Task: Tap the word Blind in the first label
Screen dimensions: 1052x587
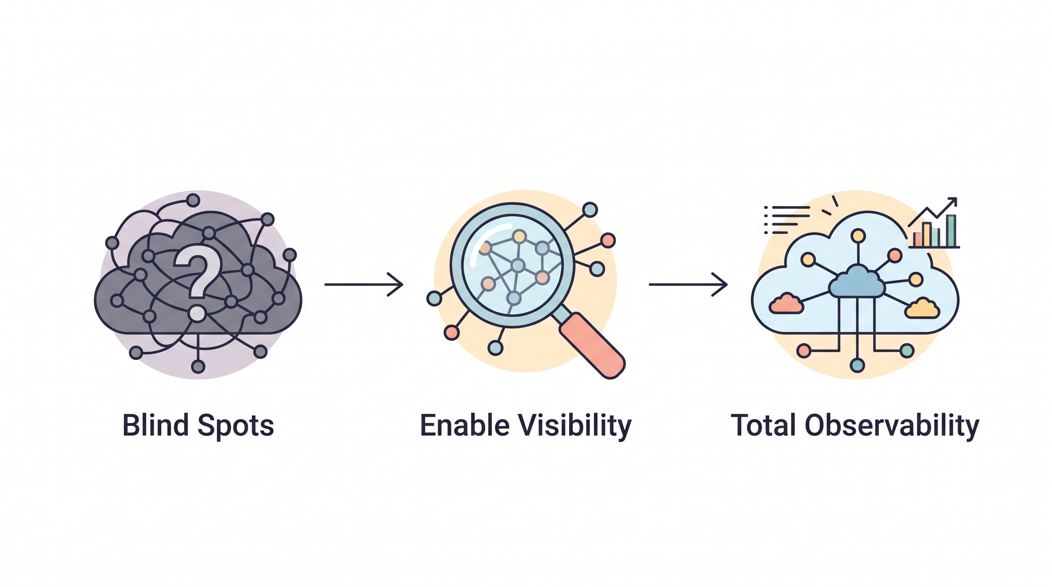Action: point(155,425)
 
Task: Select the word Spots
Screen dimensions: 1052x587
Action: point(235,426)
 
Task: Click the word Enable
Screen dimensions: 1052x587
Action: point(465,425)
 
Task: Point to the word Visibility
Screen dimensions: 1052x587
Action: point(575,426)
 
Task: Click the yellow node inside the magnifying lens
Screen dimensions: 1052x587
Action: point(519,236)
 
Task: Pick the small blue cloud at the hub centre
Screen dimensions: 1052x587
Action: point(857,281)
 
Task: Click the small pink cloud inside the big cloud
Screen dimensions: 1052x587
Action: point(786,304)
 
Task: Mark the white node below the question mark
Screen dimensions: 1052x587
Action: point(197,313)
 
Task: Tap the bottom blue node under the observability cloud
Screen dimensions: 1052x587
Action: point(857,365)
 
